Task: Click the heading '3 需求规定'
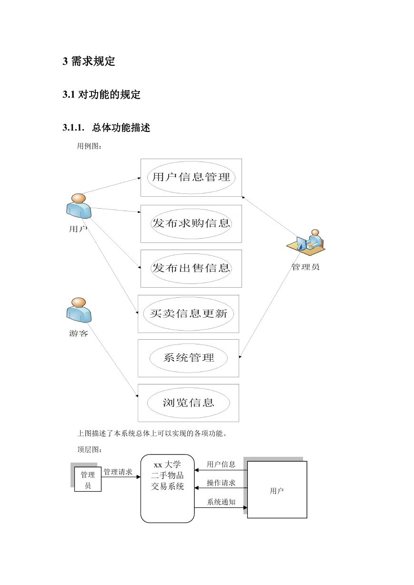tap(89, 61)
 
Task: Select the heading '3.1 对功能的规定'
tap(101, 94)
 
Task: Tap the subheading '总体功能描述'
tap(121, 128)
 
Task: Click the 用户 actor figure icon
tap(79, 206)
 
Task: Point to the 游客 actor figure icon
tap(79, 310)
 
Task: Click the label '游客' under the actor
tap(78, 333)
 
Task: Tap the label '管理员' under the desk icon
tap(305, 267)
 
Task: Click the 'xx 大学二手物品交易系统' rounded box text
tap(167, 475)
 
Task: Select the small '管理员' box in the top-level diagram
tap(88, 479)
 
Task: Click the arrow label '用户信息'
tap(221, 464)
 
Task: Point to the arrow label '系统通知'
tap(221, 502)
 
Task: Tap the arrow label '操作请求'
tap(221, 483)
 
